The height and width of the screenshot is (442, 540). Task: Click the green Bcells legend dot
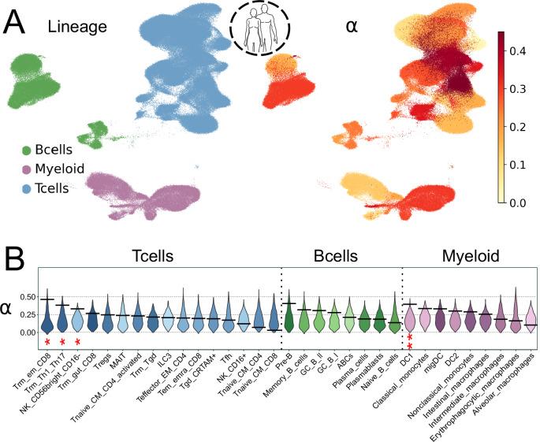pos(28,150)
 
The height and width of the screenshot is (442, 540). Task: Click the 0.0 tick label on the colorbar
pos(519,202)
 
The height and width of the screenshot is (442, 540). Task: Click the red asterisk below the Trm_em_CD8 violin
pos(47,341)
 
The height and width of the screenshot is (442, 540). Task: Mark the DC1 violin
pos(410,317)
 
